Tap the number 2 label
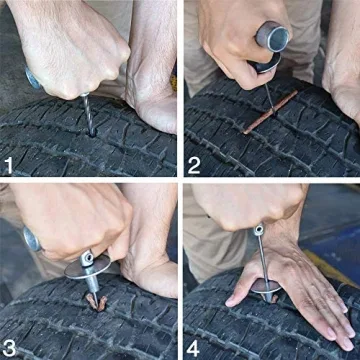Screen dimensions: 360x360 coord(197,160)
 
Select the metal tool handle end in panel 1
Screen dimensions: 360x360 coord(33,78)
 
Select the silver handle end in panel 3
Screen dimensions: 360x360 coord(31,240)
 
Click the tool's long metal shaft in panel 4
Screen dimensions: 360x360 coord(262,260)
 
